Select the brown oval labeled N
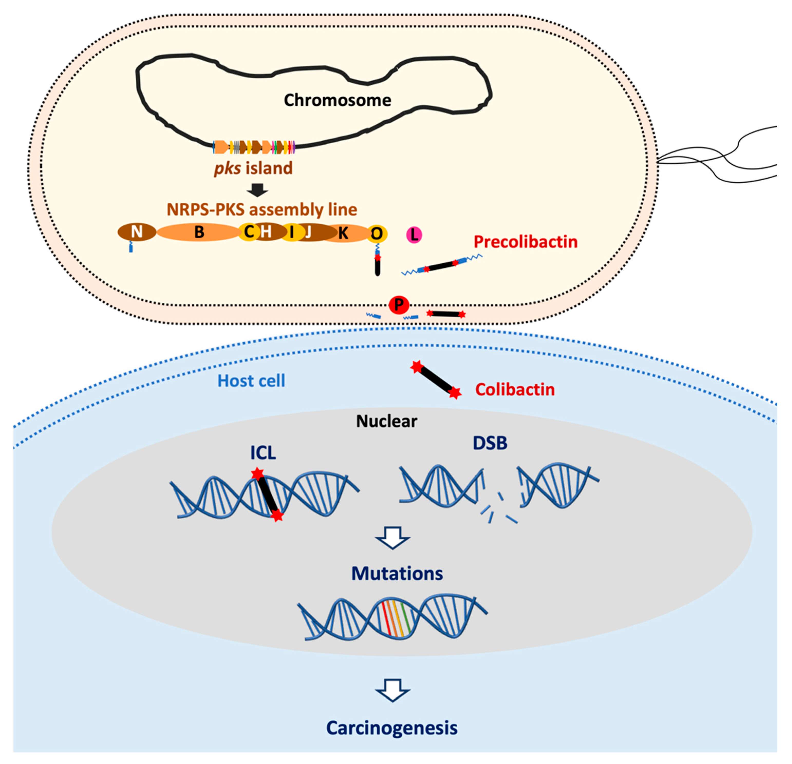pyautogui.click(x=137, y=232)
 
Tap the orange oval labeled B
pyautogui.click(x=199, y=232)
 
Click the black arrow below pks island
pyautogui.click(x=257, y=190)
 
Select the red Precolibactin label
pyautogui.click(x=525, y=242)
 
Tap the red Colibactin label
pyautogui.click(x=515, y=390)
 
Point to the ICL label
pyautogui.click(x=263, y=453)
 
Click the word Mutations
pyautogui.click(x=397, y=573)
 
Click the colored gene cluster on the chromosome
pyautogui.click(x=254, y=147)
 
